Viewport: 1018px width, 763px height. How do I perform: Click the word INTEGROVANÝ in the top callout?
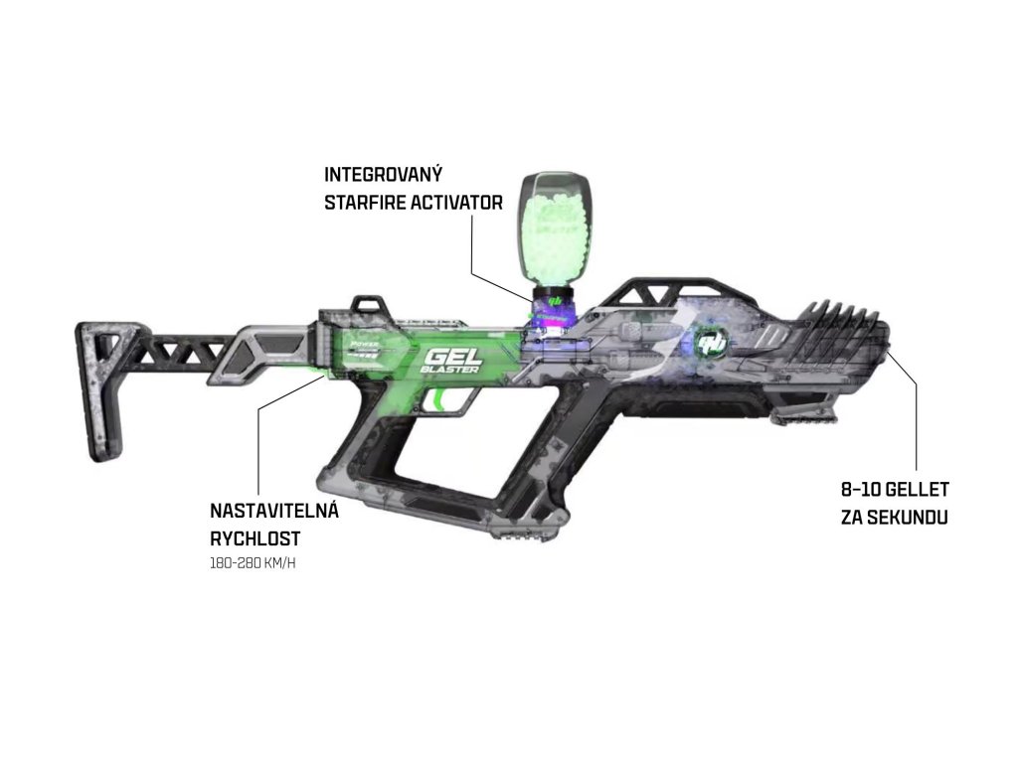[383, 175]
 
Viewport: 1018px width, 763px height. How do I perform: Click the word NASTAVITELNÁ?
[274, 512]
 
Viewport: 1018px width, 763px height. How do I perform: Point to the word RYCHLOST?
[254, 538]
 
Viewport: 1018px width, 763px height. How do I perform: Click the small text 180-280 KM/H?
[253, 563]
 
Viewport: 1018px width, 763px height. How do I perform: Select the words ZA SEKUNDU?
[892, 518]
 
